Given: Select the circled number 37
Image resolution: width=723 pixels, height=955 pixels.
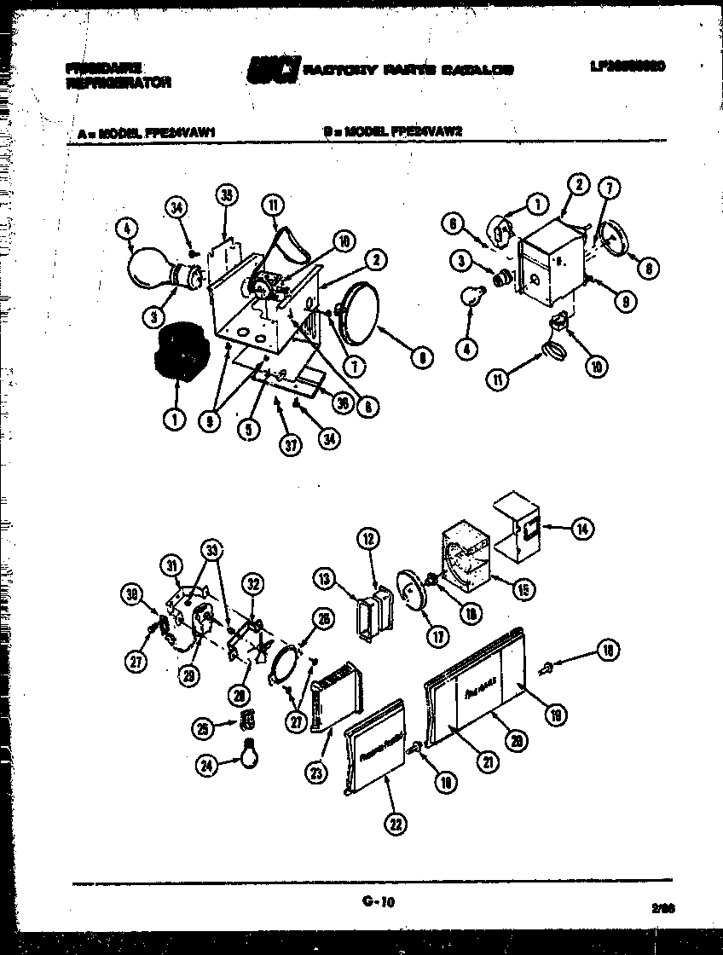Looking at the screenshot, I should [x=292, y=446].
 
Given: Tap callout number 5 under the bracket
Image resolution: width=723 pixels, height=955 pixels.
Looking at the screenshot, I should [x=247, y=431].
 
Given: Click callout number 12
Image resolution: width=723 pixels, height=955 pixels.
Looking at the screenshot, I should [x=368, y=539].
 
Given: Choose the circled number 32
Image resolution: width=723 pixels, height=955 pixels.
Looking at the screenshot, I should [x=252, y=585].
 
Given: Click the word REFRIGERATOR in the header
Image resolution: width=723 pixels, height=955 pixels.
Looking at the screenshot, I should [x=118, y=83].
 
